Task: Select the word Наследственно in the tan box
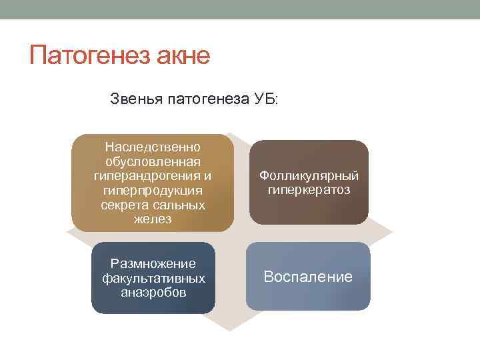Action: click(x=153, y=147)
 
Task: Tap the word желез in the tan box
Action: click(x=153, y=219)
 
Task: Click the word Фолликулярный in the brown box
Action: click(x=309, y=175)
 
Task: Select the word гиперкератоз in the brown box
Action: click(x=309, y=191)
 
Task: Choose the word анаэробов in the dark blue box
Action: click(x=153, y=292)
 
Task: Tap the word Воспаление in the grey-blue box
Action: click(x=308, y=277)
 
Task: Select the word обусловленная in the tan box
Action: click(x=153, y=161)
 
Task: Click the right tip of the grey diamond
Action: click(x=393, y=231)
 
